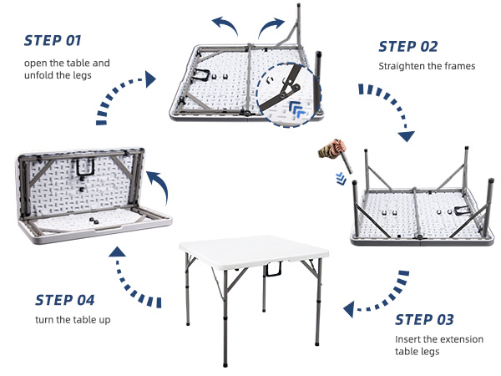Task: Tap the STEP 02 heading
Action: click(407, 47)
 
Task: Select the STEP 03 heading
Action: click(424, 319)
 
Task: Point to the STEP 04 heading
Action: click(65, 300)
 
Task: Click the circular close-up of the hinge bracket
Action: click(289, 94)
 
